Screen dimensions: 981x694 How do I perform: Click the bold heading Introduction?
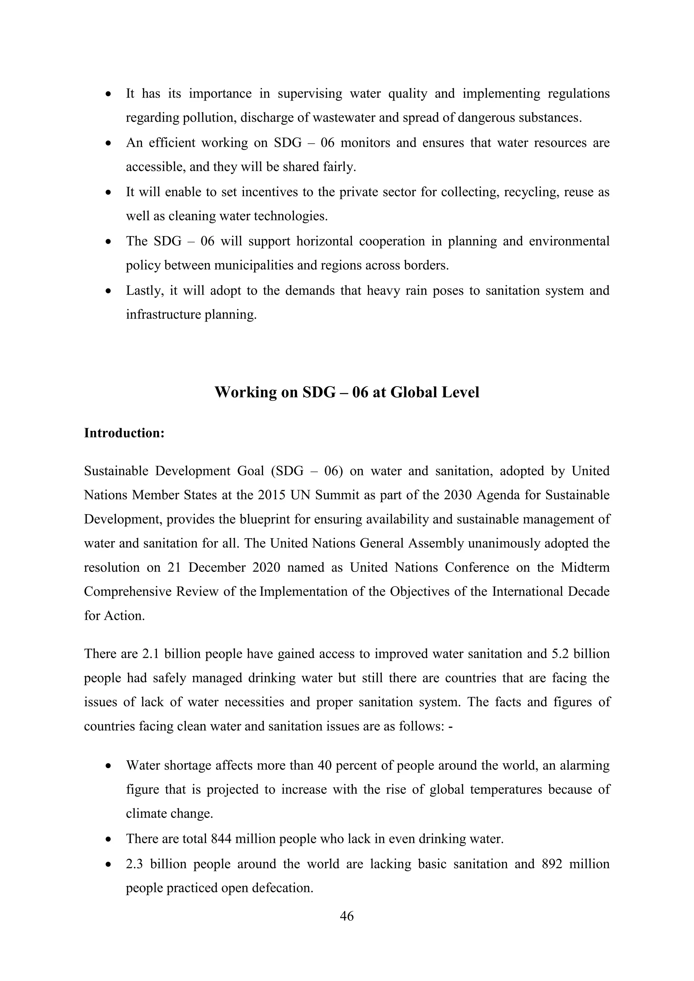coord(124,433)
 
